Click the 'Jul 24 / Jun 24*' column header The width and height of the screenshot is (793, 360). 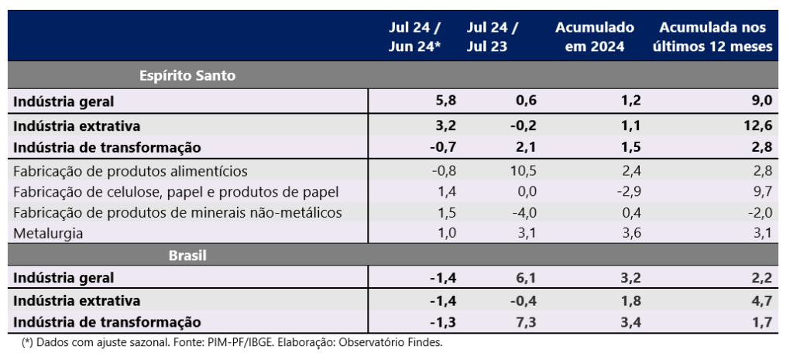[x=414, y=36]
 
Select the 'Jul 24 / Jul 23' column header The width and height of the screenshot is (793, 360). [x=493, y=36]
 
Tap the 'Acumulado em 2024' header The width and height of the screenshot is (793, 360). [x=594, y=36]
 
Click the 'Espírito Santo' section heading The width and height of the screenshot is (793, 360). [x=187, y=76]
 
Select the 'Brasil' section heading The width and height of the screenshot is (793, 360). [x=187, y=254]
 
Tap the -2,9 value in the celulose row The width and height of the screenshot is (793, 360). [x=627, y=191]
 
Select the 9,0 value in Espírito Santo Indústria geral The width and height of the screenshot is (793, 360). [x=762, y=101]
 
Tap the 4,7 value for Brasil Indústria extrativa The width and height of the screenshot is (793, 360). [x=762, y=300]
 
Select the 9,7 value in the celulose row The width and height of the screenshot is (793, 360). [x=762, y=191]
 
